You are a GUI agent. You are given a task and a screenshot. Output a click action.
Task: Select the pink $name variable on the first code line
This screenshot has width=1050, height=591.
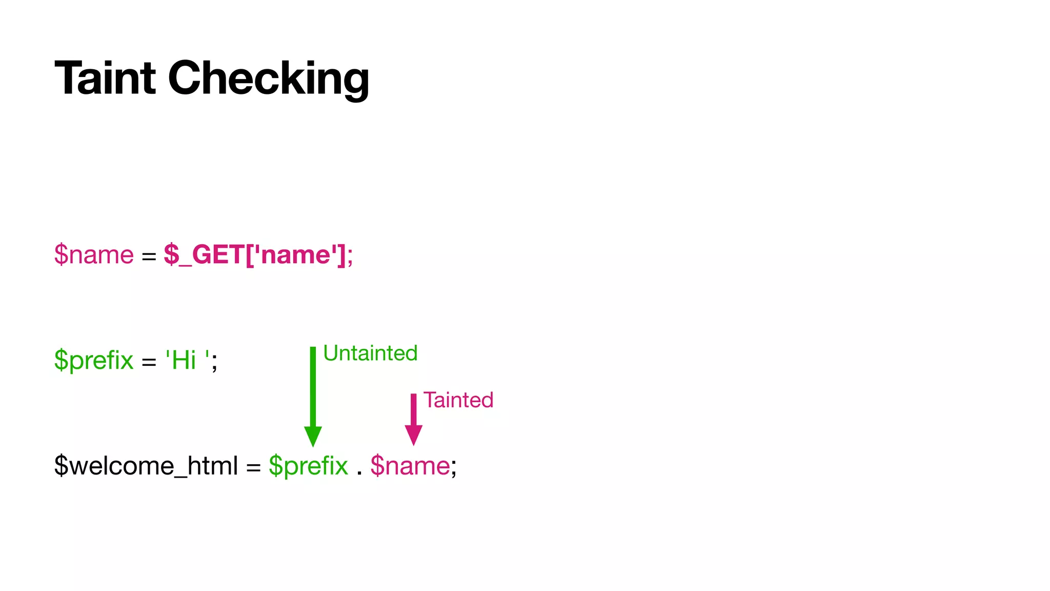tap(94, 254)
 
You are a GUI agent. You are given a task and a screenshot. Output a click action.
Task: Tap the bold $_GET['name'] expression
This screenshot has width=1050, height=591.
tap(255, 254)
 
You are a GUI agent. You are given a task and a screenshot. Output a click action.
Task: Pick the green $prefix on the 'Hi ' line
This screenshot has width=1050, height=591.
tap(94, 360)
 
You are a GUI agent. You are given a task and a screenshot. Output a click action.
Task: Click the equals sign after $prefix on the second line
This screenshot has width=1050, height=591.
tap(149, 362)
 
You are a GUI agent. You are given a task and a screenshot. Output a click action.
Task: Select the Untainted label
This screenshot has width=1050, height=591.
tap(370, 353)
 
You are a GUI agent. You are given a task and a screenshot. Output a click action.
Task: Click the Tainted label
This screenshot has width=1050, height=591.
tap(458, 400)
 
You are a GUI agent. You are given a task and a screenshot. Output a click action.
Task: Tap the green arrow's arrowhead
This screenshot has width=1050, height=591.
tap(313, 436)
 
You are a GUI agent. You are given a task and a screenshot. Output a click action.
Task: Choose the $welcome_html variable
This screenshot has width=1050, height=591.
tap(146, 466)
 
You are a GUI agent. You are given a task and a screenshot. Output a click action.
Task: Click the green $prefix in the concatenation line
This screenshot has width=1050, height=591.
tap(308, 466)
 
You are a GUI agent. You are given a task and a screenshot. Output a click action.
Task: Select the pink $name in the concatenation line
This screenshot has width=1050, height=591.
tap(410, 466)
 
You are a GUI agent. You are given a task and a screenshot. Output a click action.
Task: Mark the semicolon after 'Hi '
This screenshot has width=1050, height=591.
tap(214, 362)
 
